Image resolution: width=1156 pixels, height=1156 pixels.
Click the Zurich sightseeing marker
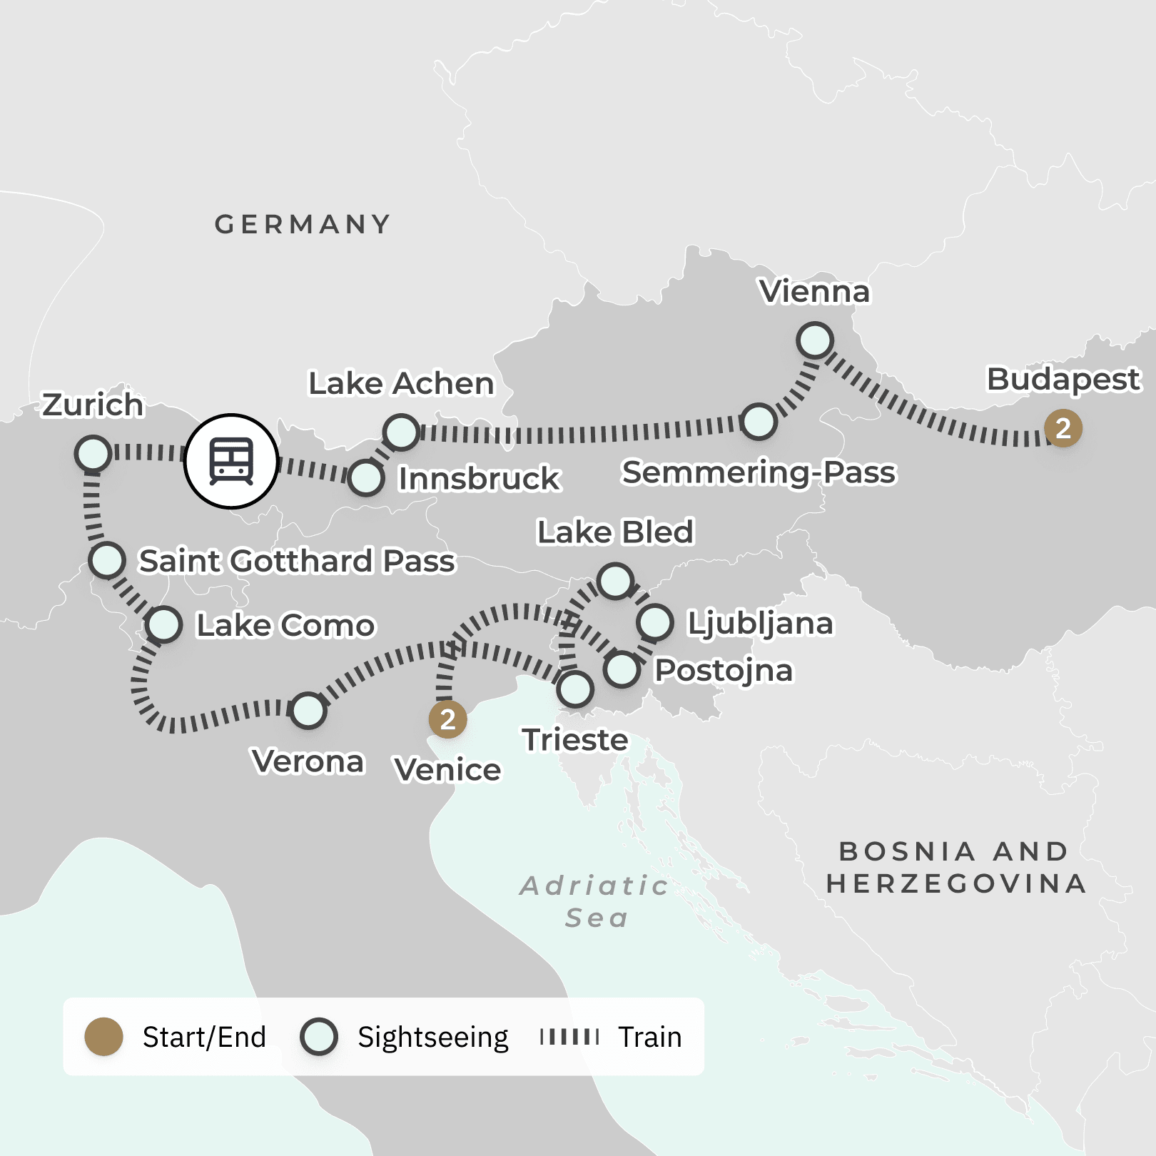click(93, 454)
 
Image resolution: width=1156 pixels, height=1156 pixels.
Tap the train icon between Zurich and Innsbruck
click(231, 461)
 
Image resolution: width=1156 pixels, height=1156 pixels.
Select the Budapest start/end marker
click(1063, 429)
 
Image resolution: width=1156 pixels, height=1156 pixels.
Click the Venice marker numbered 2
click(447, 720)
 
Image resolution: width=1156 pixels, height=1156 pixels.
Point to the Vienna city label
click(815, 292)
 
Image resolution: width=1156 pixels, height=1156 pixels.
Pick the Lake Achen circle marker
click(401, 432)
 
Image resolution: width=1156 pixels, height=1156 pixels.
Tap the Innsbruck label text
click(479, 479)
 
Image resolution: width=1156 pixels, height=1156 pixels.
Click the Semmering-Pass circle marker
click(759, 422)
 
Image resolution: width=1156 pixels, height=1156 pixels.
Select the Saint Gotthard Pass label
click(297, 561)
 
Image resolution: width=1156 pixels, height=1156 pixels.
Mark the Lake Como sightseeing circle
click(164, 625)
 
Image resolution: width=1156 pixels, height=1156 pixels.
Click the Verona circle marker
click(308, 711)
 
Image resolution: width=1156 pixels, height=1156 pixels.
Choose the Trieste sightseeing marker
click(575, 689)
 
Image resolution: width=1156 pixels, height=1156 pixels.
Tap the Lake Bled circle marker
click(615, 581)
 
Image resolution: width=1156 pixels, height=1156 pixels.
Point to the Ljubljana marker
click(655, 622)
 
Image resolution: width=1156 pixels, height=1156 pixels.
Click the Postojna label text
click(724, 671)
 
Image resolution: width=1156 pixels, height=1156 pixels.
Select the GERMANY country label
click(303, 225)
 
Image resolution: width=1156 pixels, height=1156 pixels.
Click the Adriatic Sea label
click(595, 901)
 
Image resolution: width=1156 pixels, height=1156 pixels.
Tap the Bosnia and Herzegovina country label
click(955, 868)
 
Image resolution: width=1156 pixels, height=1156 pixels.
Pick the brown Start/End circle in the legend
click(104, 1037)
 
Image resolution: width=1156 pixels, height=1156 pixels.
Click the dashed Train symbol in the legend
click(569, 1037)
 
